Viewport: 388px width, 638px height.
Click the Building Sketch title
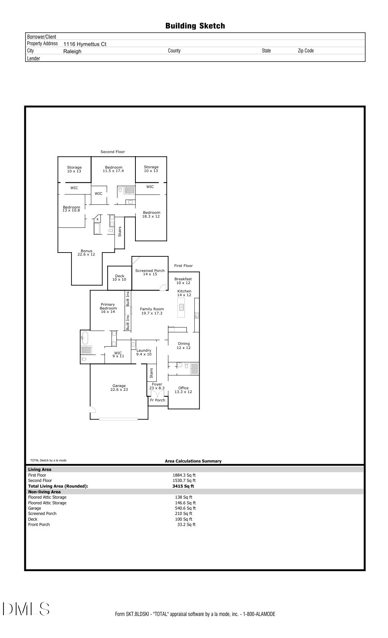195,26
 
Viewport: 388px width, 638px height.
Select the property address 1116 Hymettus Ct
85,44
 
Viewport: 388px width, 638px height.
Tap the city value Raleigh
72,51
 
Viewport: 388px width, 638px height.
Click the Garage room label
119,387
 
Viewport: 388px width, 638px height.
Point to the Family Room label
152,311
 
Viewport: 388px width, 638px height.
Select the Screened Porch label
150,272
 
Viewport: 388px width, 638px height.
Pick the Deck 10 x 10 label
119,278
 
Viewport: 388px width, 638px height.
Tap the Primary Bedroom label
108,308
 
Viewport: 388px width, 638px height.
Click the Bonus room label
86,253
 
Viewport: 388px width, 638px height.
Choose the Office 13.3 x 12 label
183,390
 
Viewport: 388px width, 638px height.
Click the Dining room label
184,346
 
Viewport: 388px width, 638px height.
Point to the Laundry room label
144,352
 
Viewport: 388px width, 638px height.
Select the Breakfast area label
183,281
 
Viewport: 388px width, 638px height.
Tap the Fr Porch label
157,400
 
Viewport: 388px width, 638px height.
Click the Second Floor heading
113,152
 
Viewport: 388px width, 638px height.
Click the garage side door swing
92,409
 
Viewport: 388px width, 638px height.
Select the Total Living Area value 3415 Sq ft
183,486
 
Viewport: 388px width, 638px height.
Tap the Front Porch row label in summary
39,524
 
